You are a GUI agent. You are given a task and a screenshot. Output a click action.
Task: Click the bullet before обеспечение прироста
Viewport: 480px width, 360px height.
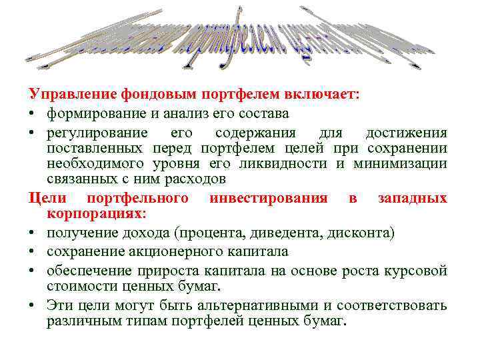[x=31, y=270]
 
